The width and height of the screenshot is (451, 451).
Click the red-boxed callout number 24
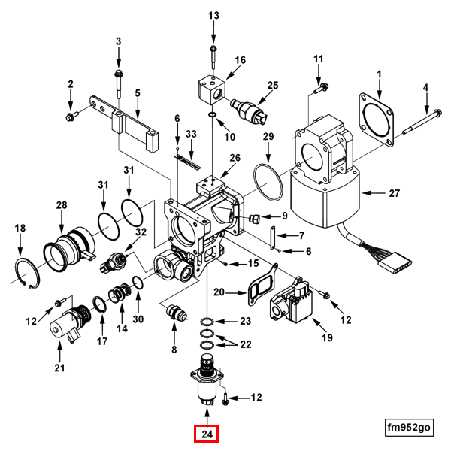click(206, 434)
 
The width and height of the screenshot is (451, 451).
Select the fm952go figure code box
click(409, 428)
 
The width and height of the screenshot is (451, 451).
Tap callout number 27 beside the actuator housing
click(395, 193)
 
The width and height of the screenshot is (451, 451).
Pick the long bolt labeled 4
click(422, 123)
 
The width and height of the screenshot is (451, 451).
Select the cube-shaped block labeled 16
click(212, 89)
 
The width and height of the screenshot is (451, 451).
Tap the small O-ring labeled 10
click(212, 115)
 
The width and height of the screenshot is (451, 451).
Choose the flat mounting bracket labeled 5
click(135, 121)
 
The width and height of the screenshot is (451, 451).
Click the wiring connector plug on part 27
click(395, 261)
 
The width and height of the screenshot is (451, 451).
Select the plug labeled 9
click(254, 219)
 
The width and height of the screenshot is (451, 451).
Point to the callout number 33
click(191, 134)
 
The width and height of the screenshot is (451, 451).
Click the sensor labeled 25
click(249, 110)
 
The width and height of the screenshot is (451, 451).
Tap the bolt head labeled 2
click(70, 117)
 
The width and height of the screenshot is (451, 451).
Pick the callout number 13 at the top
click(213, 15)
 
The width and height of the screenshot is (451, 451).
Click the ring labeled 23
click(207, 322)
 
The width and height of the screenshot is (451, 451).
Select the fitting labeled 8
click(176, 313)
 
